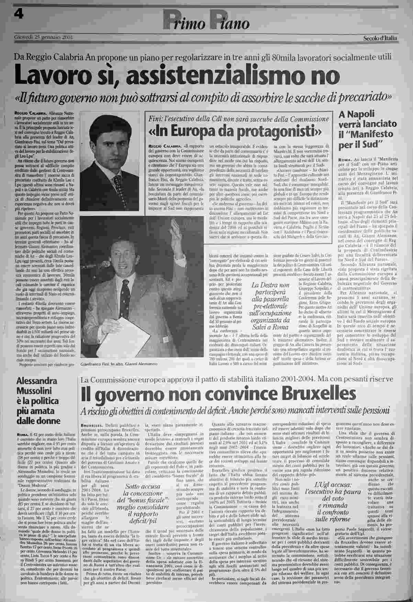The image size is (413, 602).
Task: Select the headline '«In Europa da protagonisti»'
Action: pyautogui.click(x=235, y=131)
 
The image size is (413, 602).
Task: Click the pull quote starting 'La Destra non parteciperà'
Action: pyautogui.click(x=270, y=306)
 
